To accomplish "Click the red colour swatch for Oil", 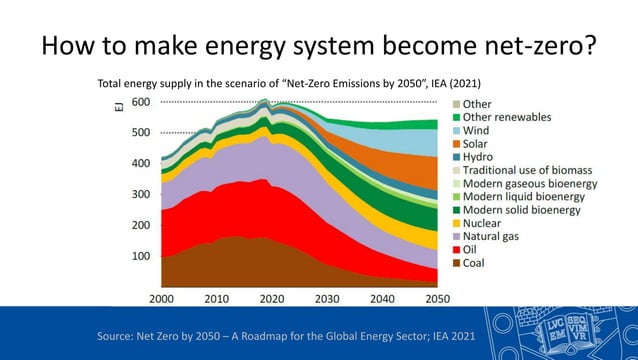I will (x=457, y=250).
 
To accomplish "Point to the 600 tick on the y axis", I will (x=140, y=102).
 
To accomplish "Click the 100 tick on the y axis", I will (x=140, y=257).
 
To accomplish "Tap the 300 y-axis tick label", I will (x=140, y=195).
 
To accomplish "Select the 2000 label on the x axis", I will (x=162, y=298).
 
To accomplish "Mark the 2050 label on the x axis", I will (x=438, y=298).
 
